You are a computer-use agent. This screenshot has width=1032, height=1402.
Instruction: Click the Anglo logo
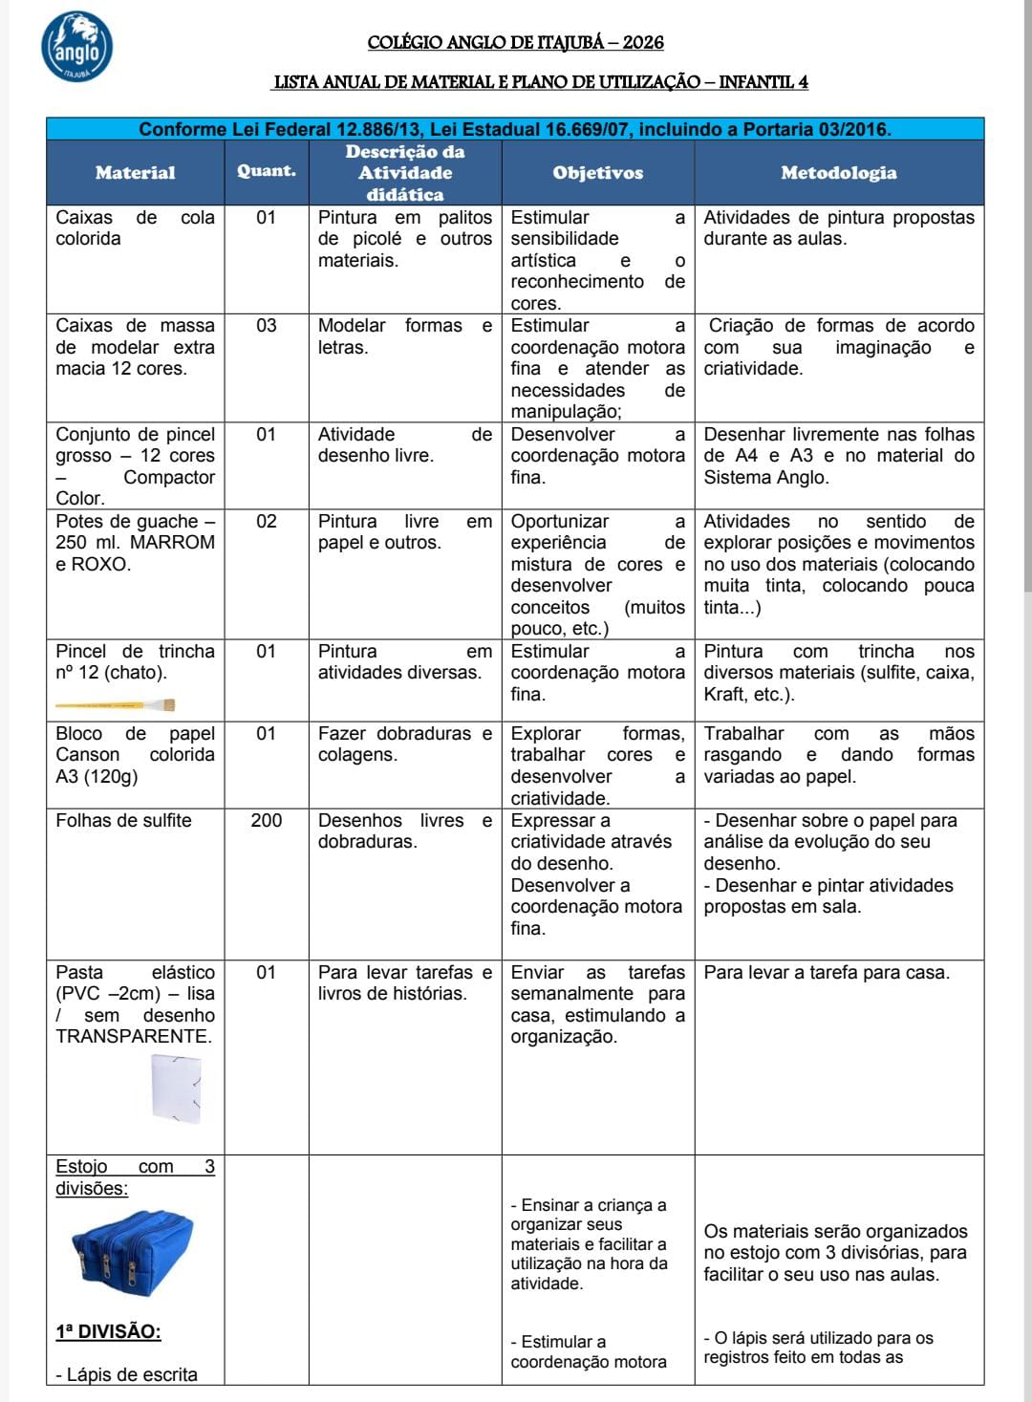click(x=77, y=47)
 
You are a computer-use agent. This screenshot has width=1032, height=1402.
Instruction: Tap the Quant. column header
click(x=266, y=171)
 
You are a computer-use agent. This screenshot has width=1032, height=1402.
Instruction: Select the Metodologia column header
click(x=838, y=173)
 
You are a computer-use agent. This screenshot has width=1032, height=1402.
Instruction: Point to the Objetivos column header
click(x=597, y=173)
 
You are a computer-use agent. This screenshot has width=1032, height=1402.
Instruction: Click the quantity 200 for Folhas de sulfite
click(x=266, y=820)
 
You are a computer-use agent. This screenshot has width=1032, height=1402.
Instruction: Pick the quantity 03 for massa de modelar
click(x=266, y=326)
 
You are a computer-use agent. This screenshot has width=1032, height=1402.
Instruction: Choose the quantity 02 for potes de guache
click(x=266, y=521)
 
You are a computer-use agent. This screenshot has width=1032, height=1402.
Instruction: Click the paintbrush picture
click(x=115, y=705)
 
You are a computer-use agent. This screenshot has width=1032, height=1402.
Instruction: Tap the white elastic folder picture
click(x=177, y=1088)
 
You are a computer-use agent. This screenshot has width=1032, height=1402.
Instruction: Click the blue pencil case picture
click(x=132, y=1253)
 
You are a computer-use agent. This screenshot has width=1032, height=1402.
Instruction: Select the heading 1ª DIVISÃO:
click(x=108, y=1331)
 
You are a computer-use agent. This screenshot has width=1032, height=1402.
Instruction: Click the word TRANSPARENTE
click(x=134, y=1036)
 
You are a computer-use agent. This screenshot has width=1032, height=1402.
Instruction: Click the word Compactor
click(x=169, y=477)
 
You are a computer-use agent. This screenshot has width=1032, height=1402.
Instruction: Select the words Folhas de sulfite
click(x=123, y=820)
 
